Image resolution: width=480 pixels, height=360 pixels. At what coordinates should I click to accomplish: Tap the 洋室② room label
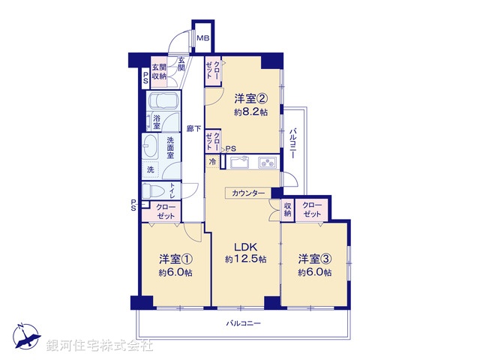(250, 98)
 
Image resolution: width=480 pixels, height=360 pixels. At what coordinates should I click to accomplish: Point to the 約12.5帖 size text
(244, 259)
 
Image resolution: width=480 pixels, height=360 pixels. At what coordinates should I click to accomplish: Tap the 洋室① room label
(175, 259)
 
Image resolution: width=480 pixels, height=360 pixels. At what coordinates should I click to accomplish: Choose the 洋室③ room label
(314, 259)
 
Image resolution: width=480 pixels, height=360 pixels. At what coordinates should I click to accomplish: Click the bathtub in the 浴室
(161, 102)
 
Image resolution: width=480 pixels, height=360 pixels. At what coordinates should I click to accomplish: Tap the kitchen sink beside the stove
(241, 162)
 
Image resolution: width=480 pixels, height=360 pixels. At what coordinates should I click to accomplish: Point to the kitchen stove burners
(267, 162)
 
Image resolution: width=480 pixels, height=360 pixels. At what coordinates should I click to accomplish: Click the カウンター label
(248, 193)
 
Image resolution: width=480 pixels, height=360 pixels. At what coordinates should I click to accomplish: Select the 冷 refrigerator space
(212, 161)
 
